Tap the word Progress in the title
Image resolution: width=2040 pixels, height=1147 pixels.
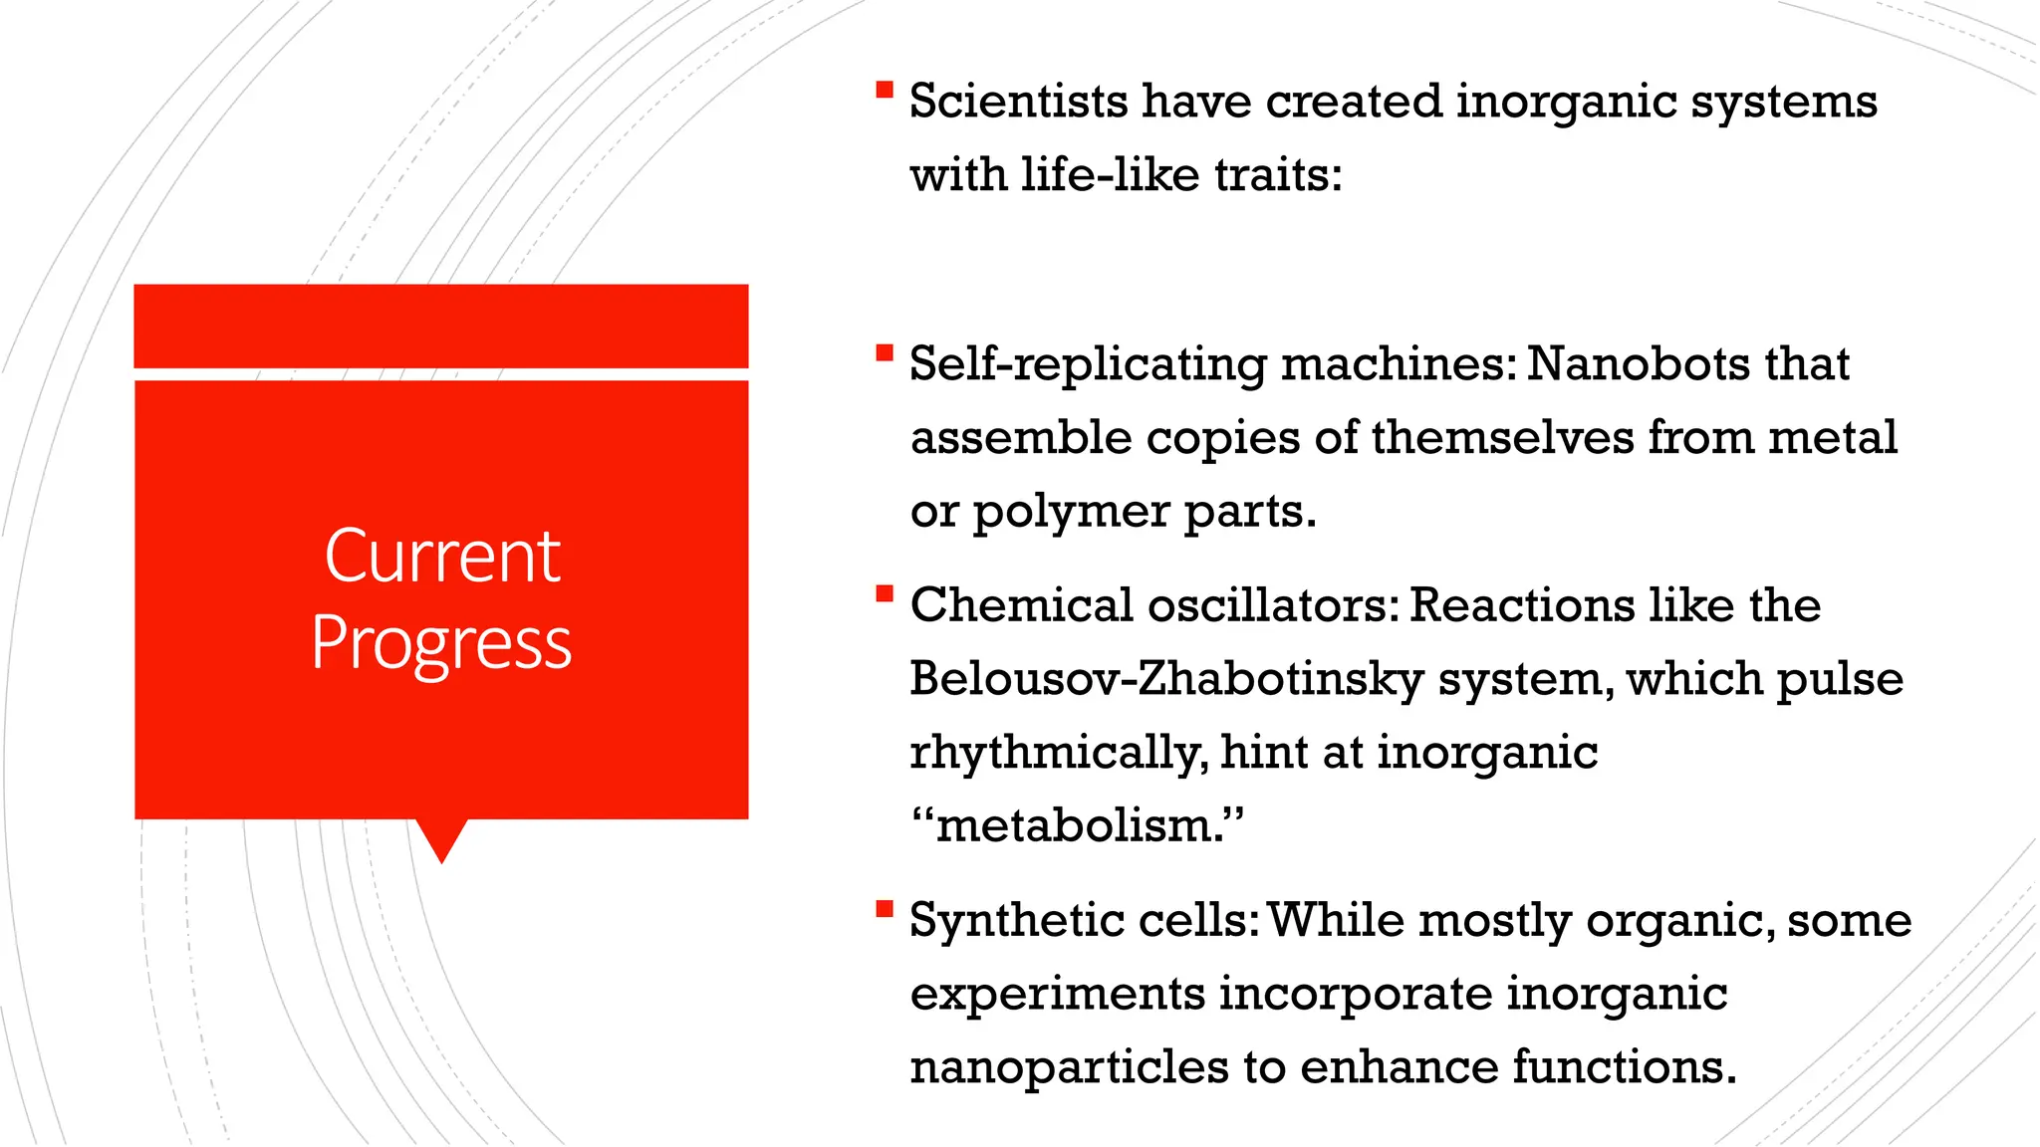(x=441, y=643)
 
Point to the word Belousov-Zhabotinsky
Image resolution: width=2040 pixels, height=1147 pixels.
(x=1166, y=679)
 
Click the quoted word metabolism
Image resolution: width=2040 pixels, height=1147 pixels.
(x=1078, y=825)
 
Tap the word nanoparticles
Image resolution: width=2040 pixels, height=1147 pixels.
(x=1069, y=1066)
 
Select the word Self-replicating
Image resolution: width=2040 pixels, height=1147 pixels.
(x=1088, y=364)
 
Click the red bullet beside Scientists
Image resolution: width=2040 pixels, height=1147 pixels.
(x=884, y=91)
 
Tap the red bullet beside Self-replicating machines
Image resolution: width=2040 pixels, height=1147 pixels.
(x=884, y=352)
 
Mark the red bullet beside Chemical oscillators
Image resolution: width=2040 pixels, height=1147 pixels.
(x=884, y=594)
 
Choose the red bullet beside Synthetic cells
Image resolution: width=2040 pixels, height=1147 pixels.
(x=884, y=908)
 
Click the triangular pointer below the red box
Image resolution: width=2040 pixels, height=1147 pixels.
(x=441, y=839)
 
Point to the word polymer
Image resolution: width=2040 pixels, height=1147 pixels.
(x=1071, y=513)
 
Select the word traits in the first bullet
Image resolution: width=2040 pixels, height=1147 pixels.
(x=1278, y=175)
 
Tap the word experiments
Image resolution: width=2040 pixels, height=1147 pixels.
(x=1057, y=994)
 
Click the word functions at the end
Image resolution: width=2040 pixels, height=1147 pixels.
(x=1624, y=1066)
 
